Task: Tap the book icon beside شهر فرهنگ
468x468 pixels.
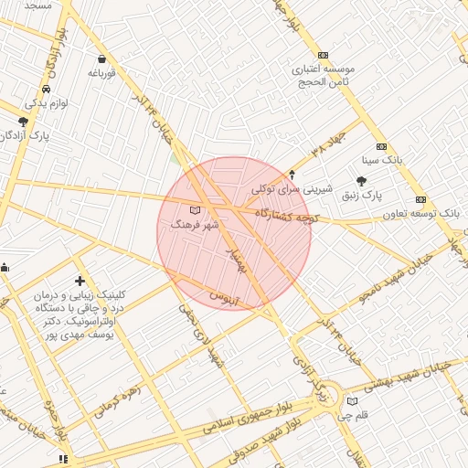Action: point(192,211)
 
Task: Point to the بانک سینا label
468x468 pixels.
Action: point(382,159)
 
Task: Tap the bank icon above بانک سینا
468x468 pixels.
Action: point(381,146)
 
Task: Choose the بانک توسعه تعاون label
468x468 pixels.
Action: point(420,213)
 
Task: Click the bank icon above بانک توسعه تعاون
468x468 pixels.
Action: point(420,199)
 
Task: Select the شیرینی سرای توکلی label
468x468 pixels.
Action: point(289,189)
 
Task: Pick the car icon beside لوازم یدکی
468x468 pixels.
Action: point(46,90)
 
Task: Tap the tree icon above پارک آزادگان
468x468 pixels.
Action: point(23,121)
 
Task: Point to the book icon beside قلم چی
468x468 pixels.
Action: point(353,401)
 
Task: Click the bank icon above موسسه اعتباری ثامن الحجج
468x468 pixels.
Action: point(322,56)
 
